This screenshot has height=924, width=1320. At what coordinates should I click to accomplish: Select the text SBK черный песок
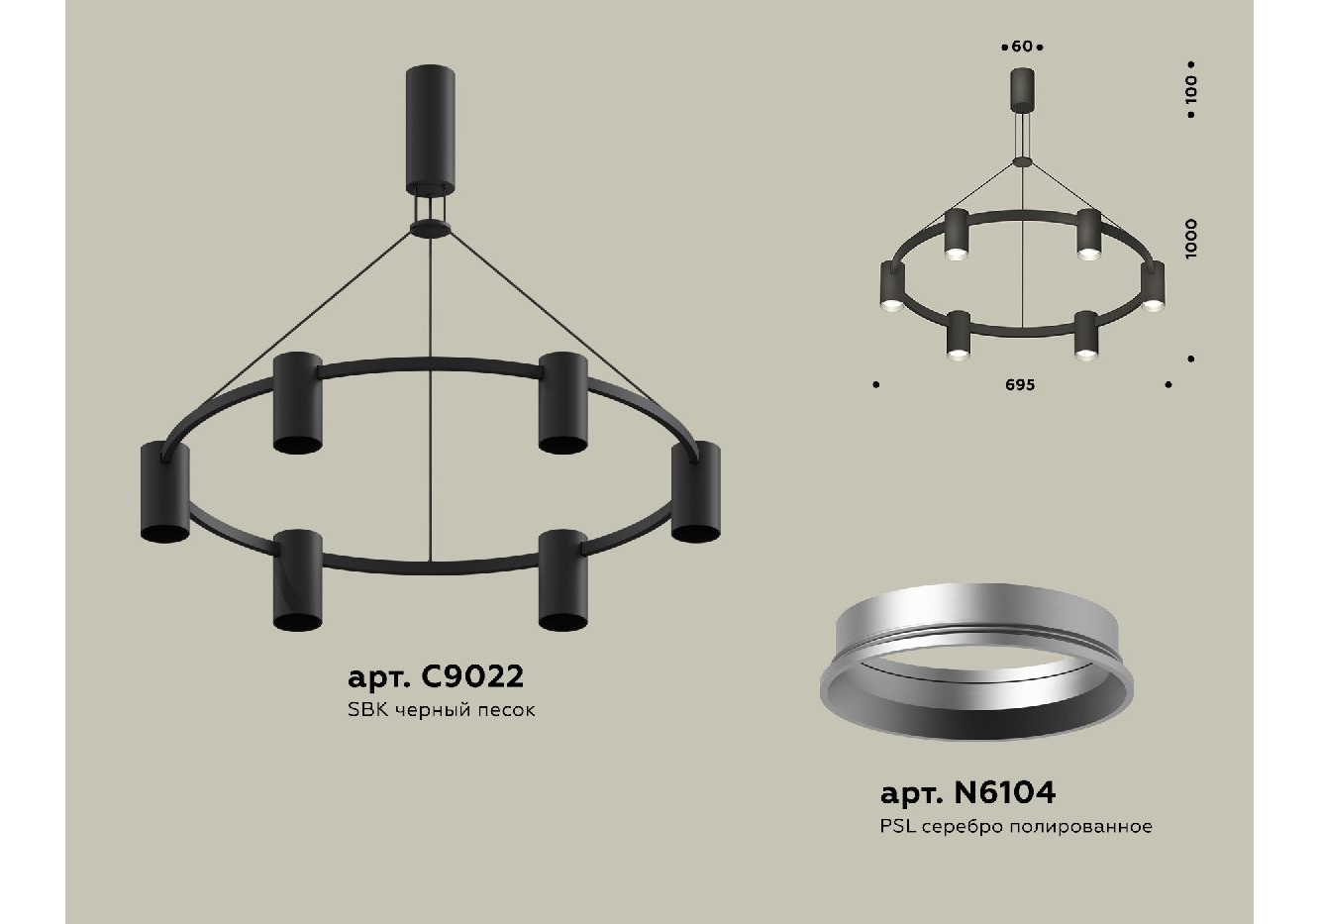pyautogui.click(x=442, y=710)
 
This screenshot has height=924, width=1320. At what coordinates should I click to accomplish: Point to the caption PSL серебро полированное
pyautogui.click(x=1016, y=827)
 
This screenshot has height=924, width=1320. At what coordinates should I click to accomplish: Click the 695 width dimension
pyautogui.click(x=1020, y=385)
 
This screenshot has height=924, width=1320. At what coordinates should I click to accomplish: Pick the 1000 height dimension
pyautogui.click(x=1191, y=239)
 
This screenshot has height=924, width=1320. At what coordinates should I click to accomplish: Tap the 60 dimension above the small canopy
pyautogui.click(x=1022, y=47)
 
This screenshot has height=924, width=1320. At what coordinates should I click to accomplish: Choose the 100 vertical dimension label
pyautogui.click(x=1191, y=89)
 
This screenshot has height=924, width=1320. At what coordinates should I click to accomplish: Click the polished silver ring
pyautogui.click(x=975, y=663)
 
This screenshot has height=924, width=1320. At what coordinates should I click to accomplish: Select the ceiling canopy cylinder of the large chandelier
pyautogui.click(x=430, y=129)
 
